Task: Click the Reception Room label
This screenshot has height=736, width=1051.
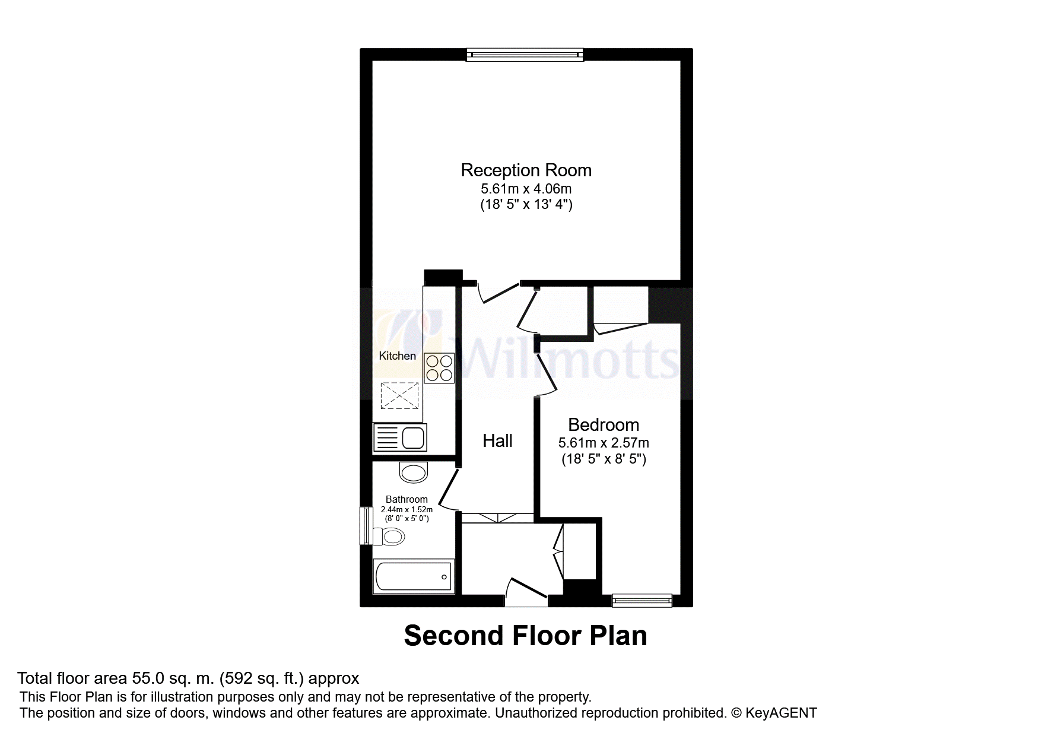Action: [526, 170]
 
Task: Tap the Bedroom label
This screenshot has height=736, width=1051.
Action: [604, 425]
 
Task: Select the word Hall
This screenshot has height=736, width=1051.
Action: [497, 440]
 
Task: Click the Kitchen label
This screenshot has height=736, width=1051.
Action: [398, 356]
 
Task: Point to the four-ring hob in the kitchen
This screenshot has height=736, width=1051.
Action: [439, 368]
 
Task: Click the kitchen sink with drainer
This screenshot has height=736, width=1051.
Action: [400, 437]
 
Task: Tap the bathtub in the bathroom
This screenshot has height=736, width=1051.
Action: [414, 576]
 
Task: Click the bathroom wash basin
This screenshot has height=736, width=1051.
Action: [414, 472]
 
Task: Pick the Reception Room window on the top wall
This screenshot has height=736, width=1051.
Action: [525, 55]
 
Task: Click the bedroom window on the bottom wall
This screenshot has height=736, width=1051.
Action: [642, 600]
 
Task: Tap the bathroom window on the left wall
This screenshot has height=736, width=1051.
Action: [366, 525]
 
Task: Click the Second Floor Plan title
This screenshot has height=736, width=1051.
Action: [525, 636]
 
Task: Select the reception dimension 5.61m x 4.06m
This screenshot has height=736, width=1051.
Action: [526, 189]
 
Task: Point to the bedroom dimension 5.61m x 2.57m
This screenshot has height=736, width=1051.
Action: [604, 443]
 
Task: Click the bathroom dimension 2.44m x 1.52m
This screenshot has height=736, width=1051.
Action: [407, 509]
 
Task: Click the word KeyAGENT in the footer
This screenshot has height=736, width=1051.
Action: [781, 713]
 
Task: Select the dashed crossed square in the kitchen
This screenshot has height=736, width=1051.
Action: [399, 396]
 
